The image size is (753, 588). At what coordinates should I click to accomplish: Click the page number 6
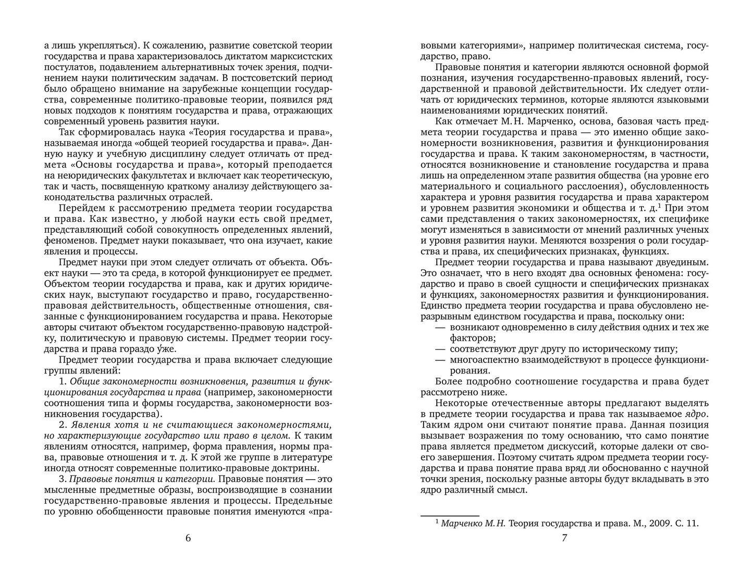188,539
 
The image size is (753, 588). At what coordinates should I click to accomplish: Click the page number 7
564,539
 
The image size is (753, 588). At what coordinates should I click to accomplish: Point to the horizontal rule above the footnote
450,514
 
